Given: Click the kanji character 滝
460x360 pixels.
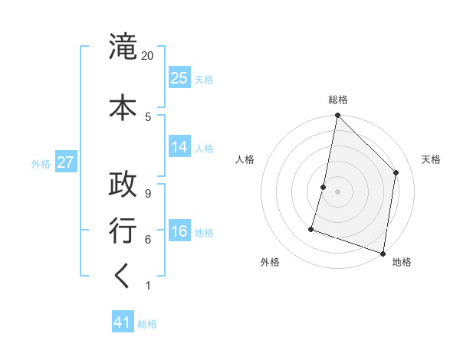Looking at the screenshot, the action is click(123, 48).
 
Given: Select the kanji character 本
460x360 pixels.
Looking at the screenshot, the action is click(123, 105).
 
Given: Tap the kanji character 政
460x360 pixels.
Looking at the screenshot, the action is click(123, 184).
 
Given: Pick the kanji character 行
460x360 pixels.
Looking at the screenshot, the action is click(123, 231).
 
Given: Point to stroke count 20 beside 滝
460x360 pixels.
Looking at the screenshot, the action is click(148, 56).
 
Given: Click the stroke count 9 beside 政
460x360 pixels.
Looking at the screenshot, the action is click(148, 193).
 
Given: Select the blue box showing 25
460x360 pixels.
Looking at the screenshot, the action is click(179, 78).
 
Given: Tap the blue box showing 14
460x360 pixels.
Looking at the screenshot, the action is click(179, 147).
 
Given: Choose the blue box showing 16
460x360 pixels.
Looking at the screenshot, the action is click(179, 231).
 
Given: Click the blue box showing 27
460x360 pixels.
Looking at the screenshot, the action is click(66, 162).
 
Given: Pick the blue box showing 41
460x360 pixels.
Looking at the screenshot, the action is click(123, 322).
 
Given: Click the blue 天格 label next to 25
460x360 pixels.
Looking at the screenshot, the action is click(204, 80).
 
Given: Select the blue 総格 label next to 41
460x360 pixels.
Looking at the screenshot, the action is click(147, 324).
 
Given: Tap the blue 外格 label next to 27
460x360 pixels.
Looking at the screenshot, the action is click(41, 164).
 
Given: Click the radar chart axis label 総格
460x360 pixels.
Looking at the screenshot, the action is click(338, 100).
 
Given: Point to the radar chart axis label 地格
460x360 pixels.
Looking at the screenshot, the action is click(402, 263).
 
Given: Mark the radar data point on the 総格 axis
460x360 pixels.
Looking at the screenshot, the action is click(337, 116).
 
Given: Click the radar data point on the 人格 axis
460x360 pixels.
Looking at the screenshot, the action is click(324, 187).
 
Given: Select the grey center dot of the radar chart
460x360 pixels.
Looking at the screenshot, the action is click(337, 191).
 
